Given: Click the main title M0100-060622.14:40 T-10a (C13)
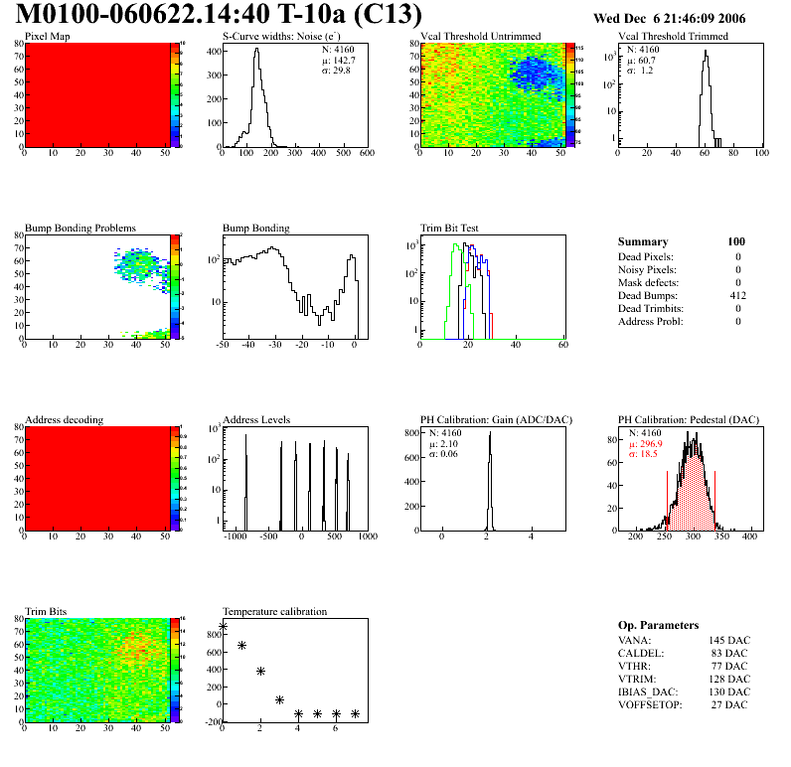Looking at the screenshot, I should point(220,16).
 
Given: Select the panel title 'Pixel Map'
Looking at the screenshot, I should point(48,37).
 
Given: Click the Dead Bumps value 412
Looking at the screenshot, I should point(737,296).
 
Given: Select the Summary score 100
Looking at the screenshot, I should point(736,241).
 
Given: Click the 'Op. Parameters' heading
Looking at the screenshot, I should point(658,625).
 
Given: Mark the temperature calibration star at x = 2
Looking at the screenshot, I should point(260,672).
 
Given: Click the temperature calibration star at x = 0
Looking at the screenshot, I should point(224,626).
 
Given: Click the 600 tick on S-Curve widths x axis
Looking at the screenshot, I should point(366,153).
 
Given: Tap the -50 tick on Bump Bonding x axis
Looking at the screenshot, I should point(223,345).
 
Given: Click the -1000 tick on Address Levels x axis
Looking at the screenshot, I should point(235,537).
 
